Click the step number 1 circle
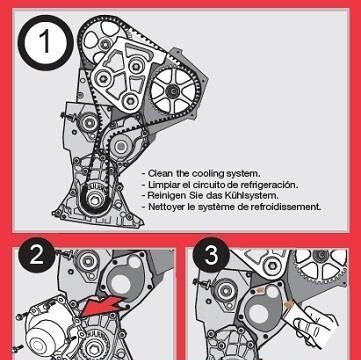coord(45,43)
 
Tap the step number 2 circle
coord(36,255)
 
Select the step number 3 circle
coord(211,255)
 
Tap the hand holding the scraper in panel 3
coord(315,325)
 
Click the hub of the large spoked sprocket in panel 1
coord(172,89)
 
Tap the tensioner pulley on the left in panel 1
coord(89,123)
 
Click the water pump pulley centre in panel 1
coord(121,146)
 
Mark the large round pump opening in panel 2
coord(120,284)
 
